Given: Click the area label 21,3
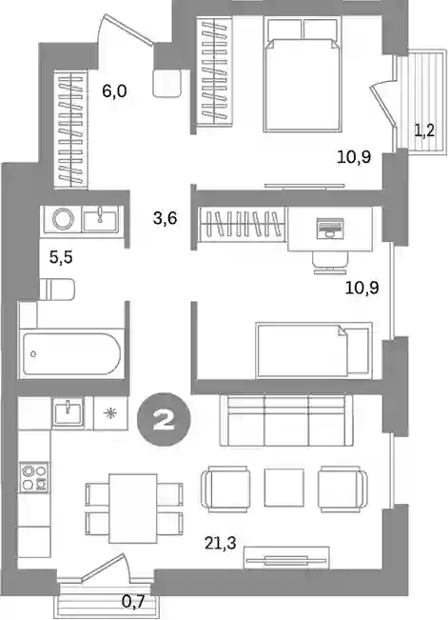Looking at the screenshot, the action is click(221, 543).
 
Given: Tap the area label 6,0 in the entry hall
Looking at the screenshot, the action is click(114, 91).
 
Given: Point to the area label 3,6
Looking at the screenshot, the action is click(165, 218).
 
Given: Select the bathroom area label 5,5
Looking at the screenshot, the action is click(61, 258).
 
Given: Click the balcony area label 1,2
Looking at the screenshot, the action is click(424, 130).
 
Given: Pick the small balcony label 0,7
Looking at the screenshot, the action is click(133, 602).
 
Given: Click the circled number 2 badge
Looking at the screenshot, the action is click(164, 420).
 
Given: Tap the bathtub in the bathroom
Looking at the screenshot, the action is click(71, 354).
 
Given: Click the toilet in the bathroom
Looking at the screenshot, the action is click(57, 289).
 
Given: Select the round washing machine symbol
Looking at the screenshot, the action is click(63, 219).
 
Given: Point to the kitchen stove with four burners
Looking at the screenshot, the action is click(34, 477).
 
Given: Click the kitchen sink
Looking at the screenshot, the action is click(68, 413).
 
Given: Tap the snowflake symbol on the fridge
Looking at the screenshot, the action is click(110, 413).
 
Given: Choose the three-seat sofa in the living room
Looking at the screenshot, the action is click(286, 420).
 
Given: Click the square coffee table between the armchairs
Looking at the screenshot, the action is click(284, 488).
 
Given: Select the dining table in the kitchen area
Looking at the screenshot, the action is click(133, 509).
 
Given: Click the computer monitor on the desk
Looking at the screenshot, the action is click(329, 229).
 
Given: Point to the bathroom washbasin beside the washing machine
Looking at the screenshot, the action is click(100, 219).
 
